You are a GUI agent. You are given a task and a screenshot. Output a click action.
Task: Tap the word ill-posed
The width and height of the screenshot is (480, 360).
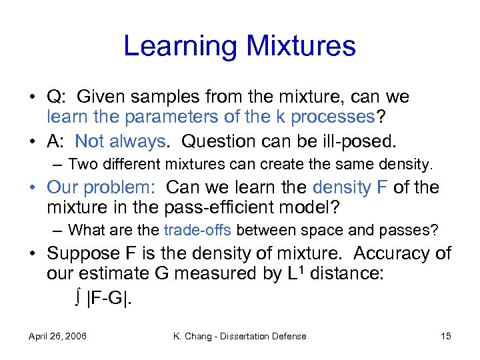click(x=360, y=141)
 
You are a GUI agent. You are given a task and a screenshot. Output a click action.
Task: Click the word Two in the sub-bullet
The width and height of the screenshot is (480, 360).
click(x=81, y=163)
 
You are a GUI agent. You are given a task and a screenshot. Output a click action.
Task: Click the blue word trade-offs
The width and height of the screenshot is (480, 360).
click(x=197, y=231)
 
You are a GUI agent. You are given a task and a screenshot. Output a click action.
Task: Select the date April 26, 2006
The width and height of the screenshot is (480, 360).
click(x=58, y=336)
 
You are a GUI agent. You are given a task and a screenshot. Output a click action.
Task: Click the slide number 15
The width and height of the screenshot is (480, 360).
click(x=445, y=336)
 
